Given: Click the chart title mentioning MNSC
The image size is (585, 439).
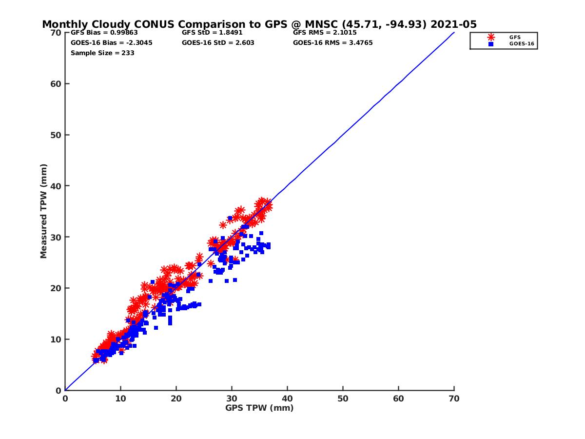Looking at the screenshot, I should pyautogui.click(x=259, y=24).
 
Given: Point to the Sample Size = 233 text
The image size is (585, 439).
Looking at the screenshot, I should pyautogui.click(x=102, y=53).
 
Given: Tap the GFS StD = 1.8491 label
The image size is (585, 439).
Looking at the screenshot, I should pyautogui.click(x=212, y=33).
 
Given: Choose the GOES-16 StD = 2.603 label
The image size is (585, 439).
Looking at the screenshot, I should pyautogui.click(x=218, y=42).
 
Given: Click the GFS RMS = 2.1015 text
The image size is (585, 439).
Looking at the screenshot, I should pyautogui.click(x=325, y=33).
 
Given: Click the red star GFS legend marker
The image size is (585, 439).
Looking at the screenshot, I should pyautogui.click(x=491, y=37).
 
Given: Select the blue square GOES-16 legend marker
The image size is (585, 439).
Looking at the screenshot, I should pyautogui.click(x=491, y=44).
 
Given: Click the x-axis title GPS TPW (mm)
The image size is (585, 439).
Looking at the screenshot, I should pyautogui.click(x=259, y=408).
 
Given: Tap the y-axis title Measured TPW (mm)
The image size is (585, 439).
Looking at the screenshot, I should pyautogui.click(x=44, y=211).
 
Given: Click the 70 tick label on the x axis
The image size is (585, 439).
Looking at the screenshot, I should pyautogui.click(x=454, y=399).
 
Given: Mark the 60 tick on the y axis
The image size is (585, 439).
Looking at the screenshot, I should pyautogui.click(x=56, y=84).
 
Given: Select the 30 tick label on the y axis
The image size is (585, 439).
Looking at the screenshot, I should pyautogui.click(x=56, y=237).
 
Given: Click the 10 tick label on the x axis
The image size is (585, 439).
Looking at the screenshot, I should pyautogui.click(x=120, y=399).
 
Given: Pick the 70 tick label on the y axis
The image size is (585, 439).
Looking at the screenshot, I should pyautogui.click(x=56, y=33).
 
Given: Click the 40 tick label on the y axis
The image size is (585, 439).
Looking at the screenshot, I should pyautogui.click(x=56, y=186).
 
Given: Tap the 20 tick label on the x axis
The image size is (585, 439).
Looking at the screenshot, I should pyautogui.click(x=176, y=399).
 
